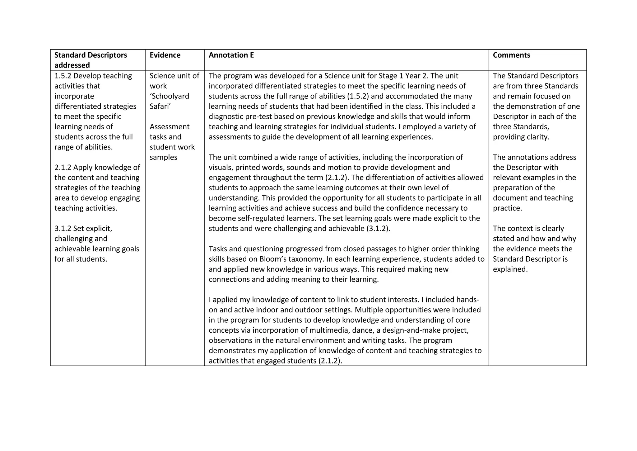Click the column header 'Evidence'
(x=165, y=55)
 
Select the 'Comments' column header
(x=511, y=55)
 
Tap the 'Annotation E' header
(x=231, y=55)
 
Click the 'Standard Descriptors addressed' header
(x=91, y=60)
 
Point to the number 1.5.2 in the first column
(x=63, y=76)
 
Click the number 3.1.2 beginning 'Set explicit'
(x=63, y=228)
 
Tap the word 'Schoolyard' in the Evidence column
(x=169, y=96)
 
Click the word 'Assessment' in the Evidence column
(x=170, y=126)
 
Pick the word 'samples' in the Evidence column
(x=163, y=157)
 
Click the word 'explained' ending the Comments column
(x=510, y=269)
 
